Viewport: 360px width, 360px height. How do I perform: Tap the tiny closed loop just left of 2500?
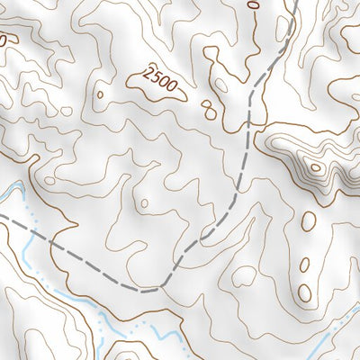point(100,94)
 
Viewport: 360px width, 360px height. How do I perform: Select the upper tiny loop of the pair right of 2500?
point(207,105)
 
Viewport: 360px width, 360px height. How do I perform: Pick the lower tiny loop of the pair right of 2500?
point(212,113)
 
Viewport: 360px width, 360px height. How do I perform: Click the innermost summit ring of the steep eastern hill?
point(315,166)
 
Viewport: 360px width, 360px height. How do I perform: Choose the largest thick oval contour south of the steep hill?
point(309,220)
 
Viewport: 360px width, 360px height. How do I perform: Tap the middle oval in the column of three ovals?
point(304,265)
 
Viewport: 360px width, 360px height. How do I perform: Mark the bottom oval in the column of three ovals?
point(305,292)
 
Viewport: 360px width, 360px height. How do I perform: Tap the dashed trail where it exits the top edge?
point(295,3)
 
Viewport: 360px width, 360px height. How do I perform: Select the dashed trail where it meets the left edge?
point(3,217)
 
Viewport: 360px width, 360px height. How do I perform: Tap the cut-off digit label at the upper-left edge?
point(4,40)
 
